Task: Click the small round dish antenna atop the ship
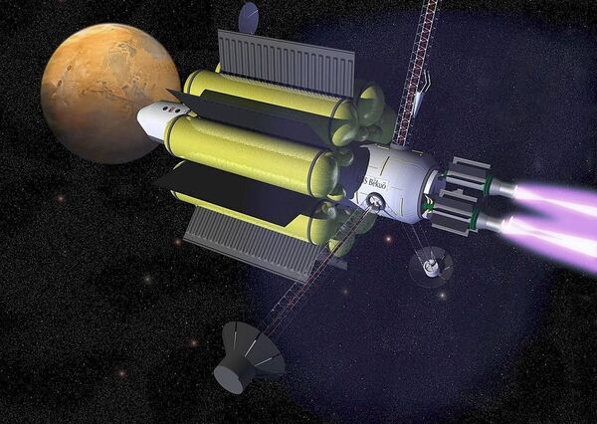click(249, 15)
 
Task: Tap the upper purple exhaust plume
click(557, 197)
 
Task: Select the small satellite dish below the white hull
click(430, 265)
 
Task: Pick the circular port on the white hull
click(376, 204)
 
